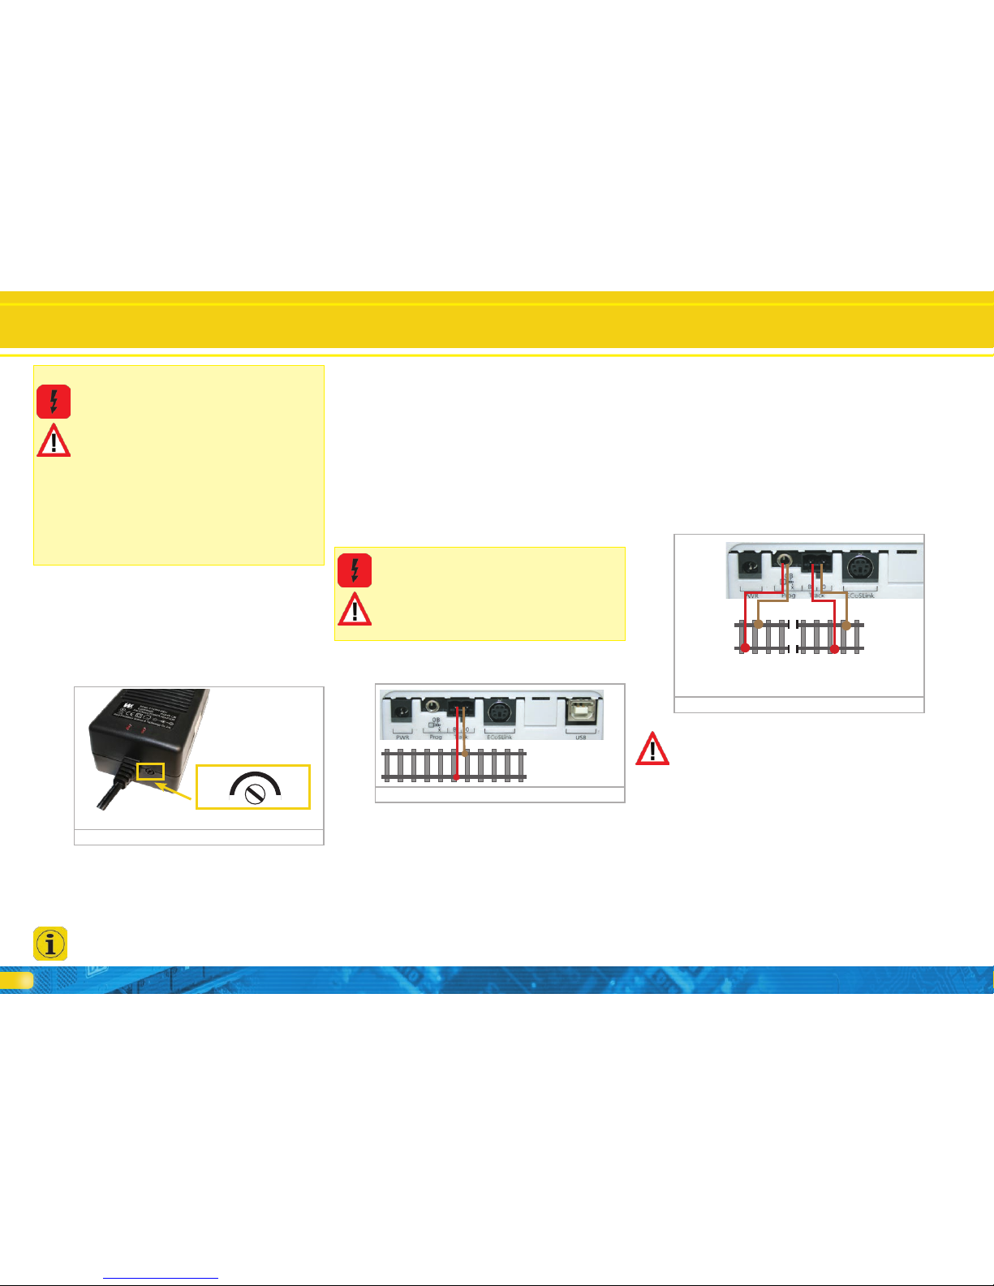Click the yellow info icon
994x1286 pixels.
(50, 944)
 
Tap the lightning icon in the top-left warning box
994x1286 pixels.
(54, 402)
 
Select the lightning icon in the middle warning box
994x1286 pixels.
(355, 570)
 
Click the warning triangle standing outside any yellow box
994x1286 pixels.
(652, 750)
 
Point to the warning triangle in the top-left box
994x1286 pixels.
(54, 441)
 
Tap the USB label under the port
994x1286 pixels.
(581, 737)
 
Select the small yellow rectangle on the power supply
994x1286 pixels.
(150, 772)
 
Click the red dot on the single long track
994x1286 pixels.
(456, 779)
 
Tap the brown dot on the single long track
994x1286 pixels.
(466, 753)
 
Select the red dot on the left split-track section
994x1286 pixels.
(745, 647)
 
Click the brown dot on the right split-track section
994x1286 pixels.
(846, 625)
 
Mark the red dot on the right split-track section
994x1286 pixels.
(833, 647)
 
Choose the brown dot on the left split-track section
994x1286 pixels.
(758, 625)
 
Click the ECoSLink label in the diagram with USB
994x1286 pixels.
(499, 737)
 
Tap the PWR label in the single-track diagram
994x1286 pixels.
(402, 737)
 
